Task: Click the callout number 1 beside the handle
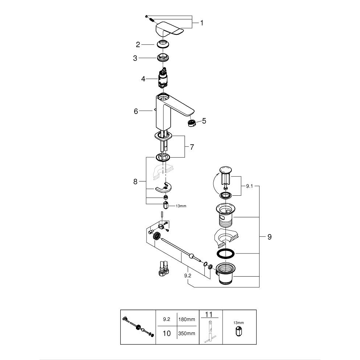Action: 202,23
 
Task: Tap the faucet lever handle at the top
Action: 170,29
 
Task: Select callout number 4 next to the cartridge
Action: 143,79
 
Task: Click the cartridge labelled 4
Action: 162,78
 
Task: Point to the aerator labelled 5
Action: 192,123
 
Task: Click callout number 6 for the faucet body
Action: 136,111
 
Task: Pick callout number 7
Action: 192,147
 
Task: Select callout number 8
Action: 136,181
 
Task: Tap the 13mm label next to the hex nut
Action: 181,206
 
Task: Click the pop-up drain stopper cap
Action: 226,170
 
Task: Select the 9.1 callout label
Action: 249,186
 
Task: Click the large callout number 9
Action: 269,237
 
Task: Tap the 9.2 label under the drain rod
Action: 187,275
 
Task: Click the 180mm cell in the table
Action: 187,319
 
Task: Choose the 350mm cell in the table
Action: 187,333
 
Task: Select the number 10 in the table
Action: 167,333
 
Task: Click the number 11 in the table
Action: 209,314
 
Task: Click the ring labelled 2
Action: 163,44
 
